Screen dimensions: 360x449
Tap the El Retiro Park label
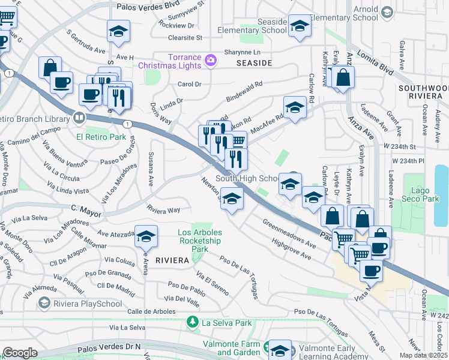click(x=101, y=137)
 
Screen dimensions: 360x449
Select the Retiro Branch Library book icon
click(x=79, y=118)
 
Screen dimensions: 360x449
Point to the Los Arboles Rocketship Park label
click(x=200, y=241)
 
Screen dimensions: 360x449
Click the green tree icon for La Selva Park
click(x=193, y=323)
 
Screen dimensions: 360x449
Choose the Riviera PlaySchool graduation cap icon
click(x=44, y=304)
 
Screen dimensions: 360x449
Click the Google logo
click(x=20, y=353)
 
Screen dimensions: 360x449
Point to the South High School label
click(x=247, y=179)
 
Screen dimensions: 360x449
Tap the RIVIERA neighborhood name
click(x=172, y=260)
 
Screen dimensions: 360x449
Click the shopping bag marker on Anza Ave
click(x=343, y=77)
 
